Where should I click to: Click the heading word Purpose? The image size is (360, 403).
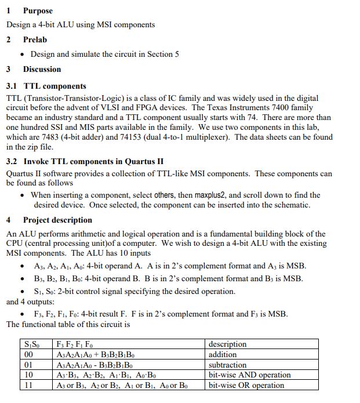(x=38, y=10)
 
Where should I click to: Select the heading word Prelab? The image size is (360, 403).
(x=35, y=39)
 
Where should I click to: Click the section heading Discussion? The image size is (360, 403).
(x=42, y=69)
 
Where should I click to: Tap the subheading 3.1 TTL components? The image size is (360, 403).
(x=46, y=86)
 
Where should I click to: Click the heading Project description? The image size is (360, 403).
(x=57, y=220)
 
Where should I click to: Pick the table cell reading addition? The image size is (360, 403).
(x=223, y=354)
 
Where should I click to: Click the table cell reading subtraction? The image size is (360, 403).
(x=227, y=365)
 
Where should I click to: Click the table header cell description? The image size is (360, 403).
(x=227, y=344)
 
